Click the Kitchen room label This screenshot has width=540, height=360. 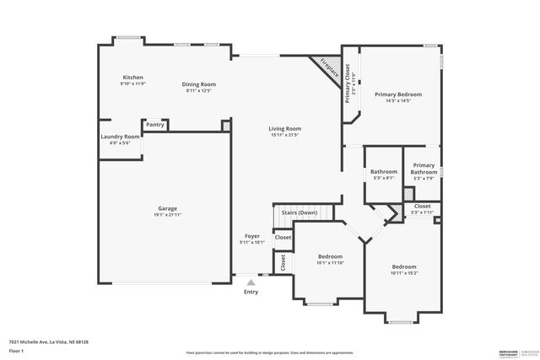[x=132, y=77]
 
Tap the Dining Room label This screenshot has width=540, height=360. [x=201, y=83]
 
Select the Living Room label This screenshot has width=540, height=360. [x=285, y=129]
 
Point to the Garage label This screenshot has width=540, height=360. [x=167, y=208]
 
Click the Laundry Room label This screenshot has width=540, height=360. [x=120, y=137]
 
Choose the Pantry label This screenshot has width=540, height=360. [x=154, y=125]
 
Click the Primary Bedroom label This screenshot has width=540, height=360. [x=397, y=94]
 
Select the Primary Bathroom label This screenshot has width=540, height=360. [x=424, y=169]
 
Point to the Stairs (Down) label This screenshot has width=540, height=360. [x=299, y=212]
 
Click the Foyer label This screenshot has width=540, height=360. [x=251, y=235]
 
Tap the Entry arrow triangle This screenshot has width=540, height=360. [x=251, y=283]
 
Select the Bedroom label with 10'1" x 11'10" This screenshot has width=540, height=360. [x=330, y=256]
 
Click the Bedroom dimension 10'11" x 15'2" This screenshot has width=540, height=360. [x=403, y=272]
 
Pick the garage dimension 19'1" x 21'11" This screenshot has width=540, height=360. [x=167, y=215]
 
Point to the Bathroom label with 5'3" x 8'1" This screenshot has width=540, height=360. [x=383, y=172]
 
